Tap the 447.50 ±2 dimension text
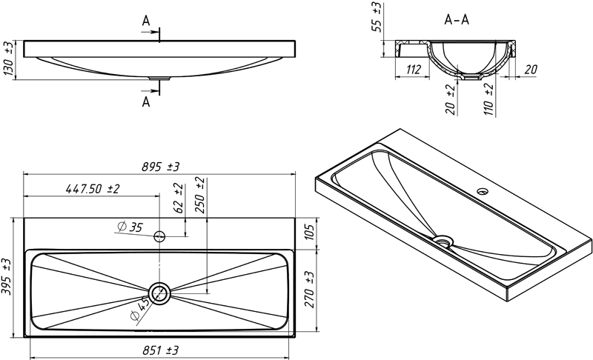(93, 189)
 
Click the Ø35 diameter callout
(130, 227)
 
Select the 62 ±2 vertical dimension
(178, 198)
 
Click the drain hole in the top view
(159, 293)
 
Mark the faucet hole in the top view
(159, 237)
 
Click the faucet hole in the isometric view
(483, 191)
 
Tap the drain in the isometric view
(443, 240)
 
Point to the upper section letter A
(146, 22)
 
